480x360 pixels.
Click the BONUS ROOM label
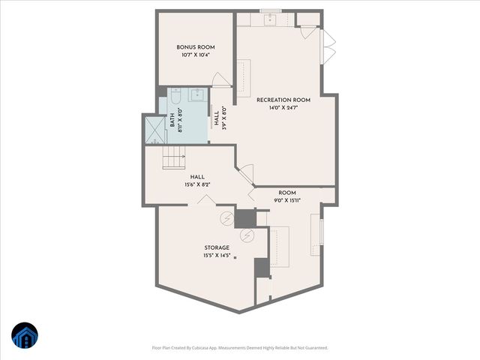point(195,47)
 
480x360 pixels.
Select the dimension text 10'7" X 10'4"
point(195,55)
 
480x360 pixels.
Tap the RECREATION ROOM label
point(283,100)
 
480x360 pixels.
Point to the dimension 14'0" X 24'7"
point(283,108)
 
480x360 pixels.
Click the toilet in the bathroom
point(173,97)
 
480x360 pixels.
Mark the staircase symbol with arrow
point(174,157)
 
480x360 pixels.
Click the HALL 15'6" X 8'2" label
point(197,181)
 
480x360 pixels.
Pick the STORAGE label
point(217,247)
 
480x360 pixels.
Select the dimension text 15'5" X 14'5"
point(217,256)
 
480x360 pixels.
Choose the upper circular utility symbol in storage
point(226,218)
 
